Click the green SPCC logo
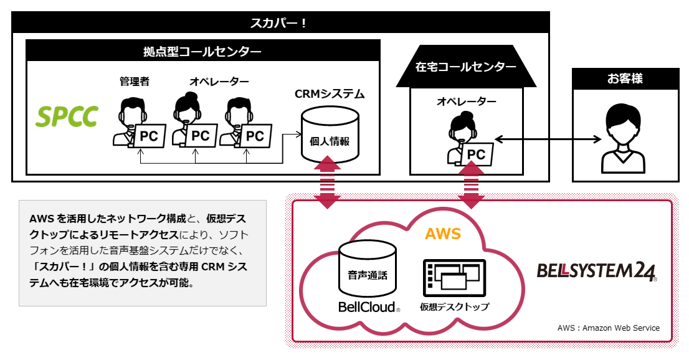click(x=67, y=116)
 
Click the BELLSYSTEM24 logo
click(x=596, y=272)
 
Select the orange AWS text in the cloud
click(x=443, y=234)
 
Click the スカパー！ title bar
click(x=280, y=24)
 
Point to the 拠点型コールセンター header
click(x=202, y=52)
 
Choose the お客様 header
click(x=625, y=78)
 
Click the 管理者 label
click(x=135, y=82)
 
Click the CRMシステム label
click(x=330, y=94)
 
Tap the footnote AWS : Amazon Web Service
click(x=608, y=328)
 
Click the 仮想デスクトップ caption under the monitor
click(x=454, y=307)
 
